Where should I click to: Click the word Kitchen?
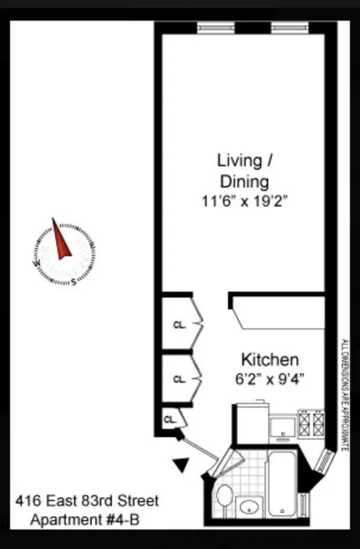(x=269, y=360)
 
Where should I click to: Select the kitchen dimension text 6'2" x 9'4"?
(x=269, y=379)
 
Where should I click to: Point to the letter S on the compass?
(x=73, y=282)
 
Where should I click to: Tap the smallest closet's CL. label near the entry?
(x=170, y=419)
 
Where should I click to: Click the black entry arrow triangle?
(x=182, y=466)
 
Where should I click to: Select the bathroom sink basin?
(x=250, y=507)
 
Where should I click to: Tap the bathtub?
(x=281, y=484)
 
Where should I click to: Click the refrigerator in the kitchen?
(x=253, y=422)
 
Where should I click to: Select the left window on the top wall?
(x=216, y=27)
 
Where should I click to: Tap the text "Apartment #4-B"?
(x=85, y=521)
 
